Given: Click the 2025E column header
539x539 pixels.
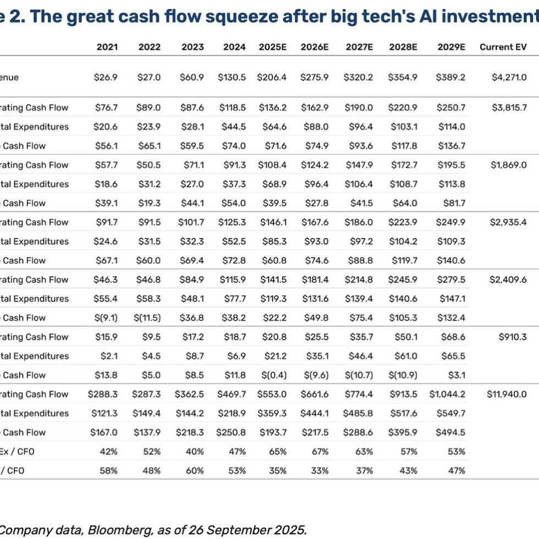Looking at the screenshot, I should point(273,47).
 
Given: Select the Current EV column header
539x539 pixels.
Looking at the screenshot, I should point(503,47).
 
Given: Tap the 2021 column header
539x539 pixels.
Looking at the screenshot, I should point(107,47).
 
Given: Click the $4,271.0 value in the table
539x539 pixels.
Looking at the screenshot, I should point(509,78).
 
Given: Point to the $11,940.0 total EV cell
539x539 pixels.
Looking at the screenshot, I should point(507,394).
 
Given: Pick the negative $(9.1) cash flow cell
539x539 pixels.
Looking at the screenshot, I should point(106,318).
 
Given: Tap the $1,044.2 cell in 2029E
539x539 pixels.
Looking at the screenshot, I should point(447,394).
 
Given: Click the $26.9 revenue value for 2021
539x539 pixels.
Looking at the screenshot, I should point(106,78).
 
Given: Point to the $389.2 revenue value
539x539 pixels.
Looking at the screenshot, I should point(451,78).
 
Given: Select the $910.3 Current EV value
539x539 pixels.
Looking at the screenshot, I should point(513,337).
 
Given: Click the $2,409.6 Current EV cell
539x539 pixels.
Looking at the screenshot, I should point(508,280).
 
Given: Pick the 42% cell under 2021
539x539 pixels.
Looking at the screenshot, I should point(109,452).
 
